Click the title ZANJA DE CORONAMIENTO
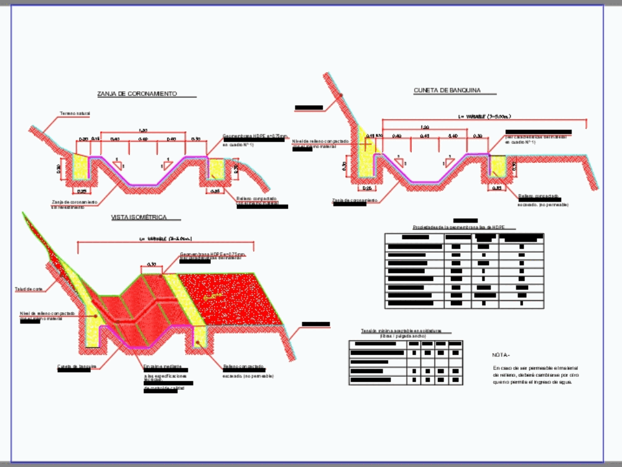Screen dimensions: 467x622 137,94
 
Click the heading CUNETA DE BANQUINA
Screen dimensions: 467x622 447,91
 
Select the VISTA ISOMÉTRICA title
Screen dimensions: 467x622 139,218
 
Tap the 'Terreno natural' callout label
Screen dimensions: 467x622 75,114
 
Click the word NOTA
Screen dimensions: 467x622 501,355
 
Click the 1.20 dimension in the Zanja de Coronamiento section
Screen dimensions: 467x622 143,131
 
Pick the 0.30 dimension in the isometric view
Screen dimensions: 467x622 151,266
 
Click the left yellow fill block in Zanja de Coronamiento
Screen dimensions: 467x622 81,167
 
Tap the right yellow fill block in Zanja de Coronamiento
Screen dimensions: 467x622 216,168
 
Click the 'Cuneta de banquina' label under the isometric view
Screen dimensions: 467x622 77,366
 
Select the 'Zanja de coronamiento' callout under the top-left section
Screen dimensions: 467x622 74,202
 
